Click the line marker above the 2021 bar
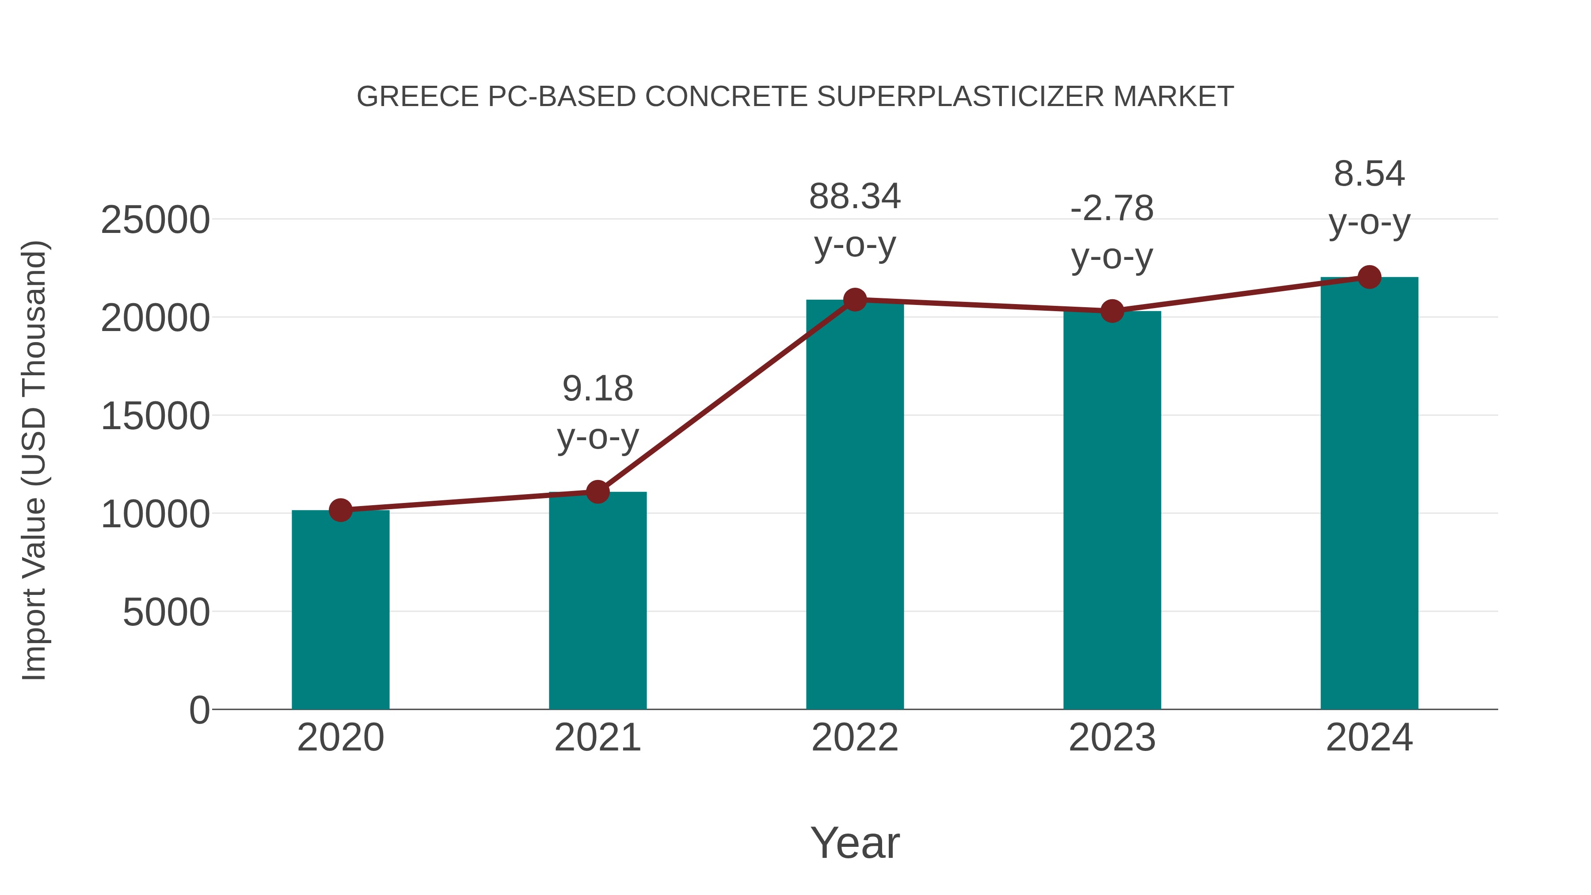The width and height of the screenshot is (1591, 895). pyautogui.click(x=597, y=492)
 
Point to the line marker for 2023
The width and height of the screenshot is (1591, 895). pyautogui.click(x=1112, y=311)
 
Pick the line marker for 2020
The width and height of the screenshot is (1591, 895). pyautogui.click(x=340, y=510)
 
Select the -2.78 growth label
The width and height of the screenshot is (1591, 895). pyautogui.click(x=1112, y=208)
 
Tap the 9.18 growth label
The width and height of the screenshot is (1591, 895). pyautogui.click(x=597, y=388)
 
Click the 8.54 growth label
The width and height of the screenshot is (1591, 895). pyautogui.click(x=1369, y=174)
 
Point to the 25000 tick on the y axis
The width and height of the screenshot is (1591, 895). pyautogui.click(x=155, y=220)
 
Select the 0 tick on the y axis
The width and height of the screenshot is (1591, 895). pyautogui.click(x=199, y=710)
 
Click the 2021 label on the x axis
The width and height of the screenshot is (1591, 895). pyautogui.click(x=597, y=738)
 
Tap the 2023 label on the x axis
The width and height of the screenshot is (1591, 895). pyautogui.click(x=1112, y=738)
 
